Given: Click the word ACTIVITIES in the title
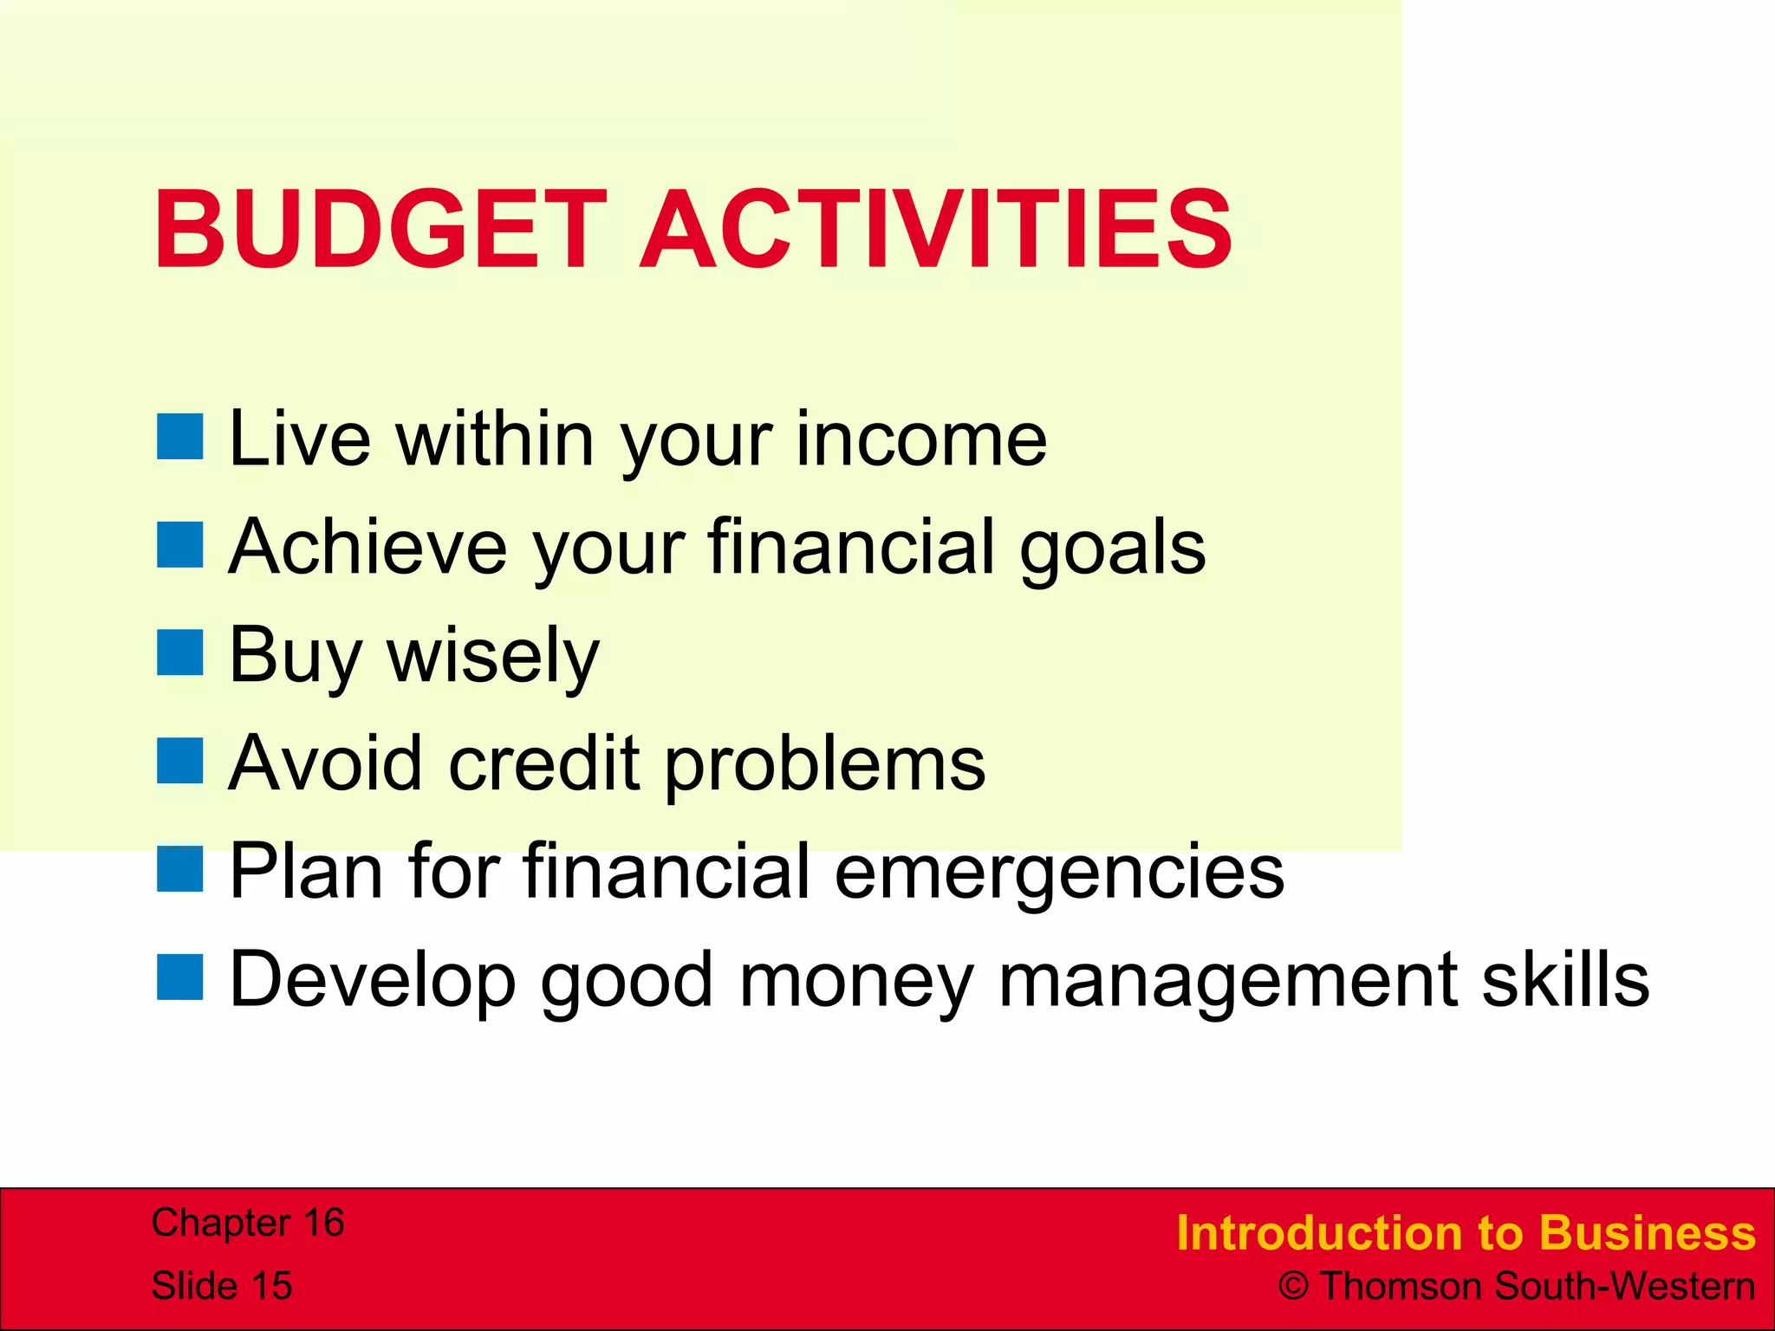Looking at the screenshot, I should click(935, 229).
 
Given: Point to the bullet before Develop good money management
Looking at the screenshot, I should click(180, 977).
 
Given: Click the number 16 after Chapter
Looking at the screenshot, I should click(322, 1223).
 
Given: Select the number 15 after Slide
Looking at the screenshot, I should click(271, 1286).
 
